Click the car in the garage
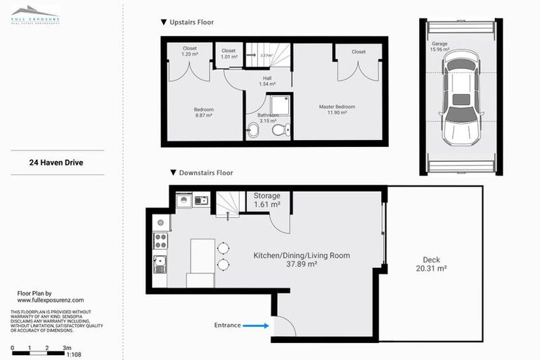pos(461,96)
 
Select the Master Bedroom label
pos(337,110)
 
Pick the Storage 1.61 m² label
pos(266,200)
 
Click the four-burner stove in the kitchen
pos(160,240)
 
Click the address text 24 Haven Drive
pos(56,162)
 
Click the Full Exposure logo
pos(35,15)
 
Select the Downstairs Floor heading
pos(201,172)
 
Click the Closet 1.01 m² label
pos(229,54)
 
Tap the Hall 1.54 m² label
pos(267,81)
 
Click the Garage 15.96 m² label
pos(440,47)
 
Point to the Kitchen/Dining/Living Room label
pos(301,259)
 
